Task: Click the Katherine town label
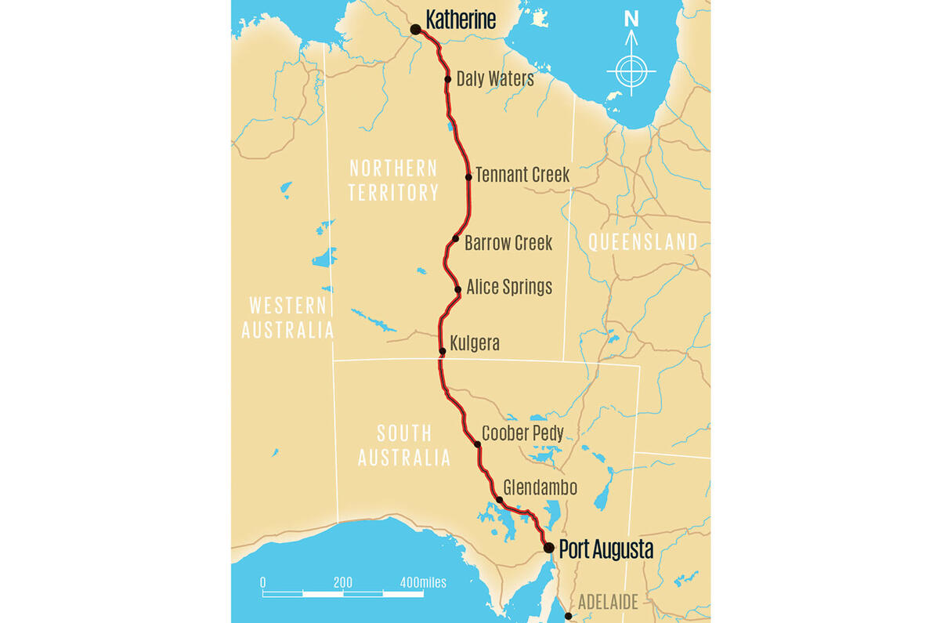461,20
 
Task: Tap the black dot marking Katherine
416,30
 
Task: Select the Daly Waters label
495,78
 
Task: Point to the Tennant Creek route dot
468,177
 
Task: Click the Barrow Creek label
508,243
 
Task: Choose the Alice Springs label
509,287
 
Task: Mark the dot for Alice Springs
458,289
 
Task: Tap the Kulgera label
475,343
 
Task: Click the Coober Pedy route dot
478,444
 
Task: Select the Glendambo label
540,487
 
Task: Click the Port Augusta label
606,549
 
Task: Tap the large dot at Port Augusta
549,548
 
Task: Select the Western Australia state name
287,317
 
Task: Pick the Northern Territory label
393,180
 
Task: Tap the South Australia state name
404,445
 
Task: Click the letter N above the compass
631,20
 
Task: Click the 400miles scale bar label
423,582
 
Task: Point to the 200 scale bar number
342,582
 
